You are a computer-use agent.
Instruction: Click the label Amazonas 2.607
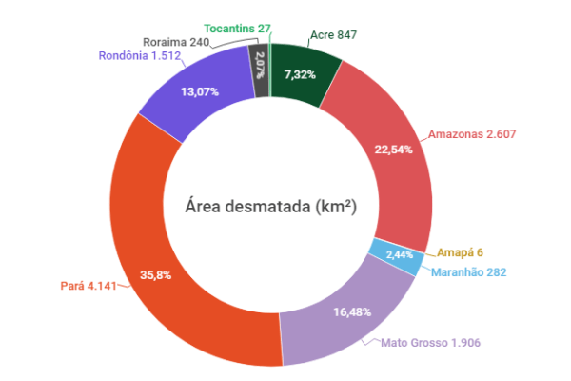472,134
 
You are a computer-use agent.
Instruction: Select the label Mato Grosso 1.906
431,342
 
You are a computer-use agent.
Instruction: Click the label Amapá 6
461,252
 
